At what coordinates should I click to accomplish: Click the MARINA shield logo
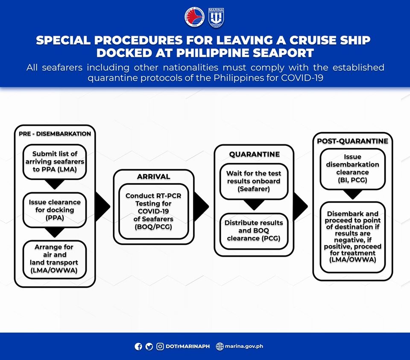coord(216,18)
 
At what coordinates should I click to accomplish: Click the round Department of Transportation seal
coord(195,18)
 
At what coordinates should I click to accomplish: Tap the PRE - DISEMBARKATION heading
coord(55,134)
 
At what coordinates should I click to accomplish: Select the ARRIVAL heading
coord(153,177)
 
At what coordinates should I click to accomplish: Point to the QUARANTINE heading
coord(255,154)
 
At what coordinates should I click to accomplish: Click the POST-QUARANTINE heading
coord(352,141)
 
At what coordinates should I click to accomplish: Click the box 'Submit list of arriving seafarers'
coord(55,162)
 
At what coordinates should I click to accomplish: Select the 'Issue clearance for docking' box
coord(55,210)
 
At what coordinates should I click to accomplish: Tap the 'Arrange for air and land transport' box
coord(55,259)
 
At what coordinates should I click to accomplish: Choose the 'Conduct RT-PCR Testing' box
coord(153,211)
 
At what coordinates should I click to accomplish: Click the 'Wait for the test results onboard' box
coord(254,181)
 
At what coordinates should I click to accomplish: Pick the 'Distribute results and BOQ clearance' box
coord(254,231)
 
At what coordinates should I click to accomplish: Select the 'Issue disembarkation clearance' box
coord(352,169)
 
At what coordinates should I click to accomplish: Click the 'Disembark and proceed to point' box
coord(352,237)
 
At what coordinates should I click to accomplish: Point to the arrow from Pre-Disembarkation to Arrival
coord(103,207)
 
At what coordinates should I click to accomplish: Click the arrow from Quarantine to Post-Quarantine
coord(300,207)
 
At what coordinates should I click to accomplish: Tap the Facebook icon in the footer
coord(138,346)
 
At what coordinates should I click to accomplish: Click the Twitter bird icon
coord(149,346)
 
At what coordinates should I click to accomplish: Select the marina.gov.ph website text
coord(244,346)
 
